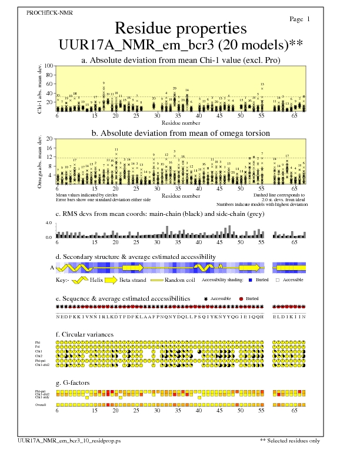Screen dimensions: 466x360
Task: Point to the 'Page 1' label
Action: click(300, 19)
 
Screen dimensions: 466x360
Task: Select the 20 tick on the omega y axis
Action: click(49, 139)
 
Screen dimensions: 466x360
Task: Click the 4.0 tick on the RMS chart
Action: click(49, 223)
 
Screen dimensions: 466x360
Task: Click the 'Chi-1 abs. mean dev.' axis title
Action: click(39, 88)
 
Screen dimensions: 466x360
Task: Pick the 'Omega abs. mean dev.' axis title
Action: click(39, 160)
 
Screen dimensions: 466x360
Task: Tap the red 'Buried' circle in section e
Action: click(241, 299)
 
